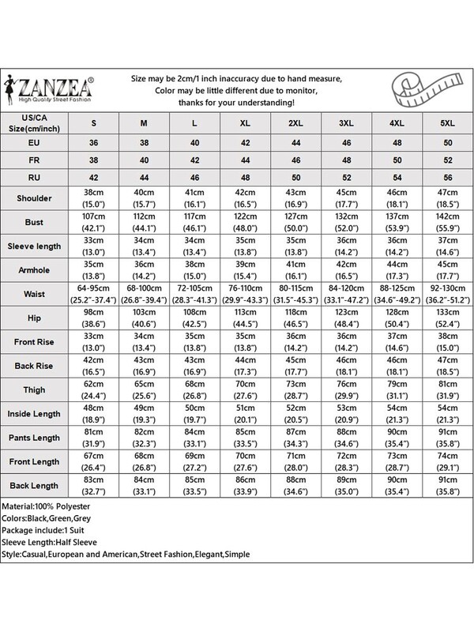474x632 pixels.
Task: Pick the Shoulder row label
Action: pyautogui.click(x=31, y=197)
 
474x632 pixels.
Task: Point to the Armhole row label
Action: pyautogui.click(x=31, y=269)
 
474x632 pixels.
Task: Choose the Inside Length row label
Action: pyautogui.click(x=31, y=412)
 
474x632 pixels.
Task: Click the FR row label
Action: pyautogui.click(x=31, y=160)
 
